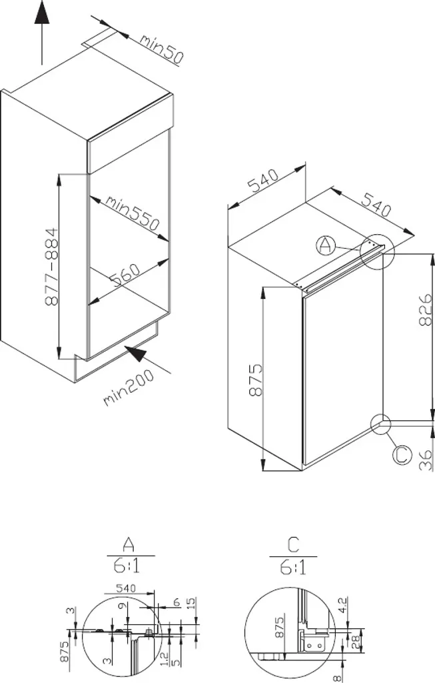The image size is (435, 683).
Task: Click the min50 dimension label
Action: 161,49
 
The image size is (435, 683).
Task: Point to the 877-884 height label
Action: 51,265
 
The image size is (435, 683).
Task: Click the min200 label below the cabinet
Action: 129,388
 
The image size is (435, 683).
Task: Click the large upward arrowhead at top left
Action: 42,13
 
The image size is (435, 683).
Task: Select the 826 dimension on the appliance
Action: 426,309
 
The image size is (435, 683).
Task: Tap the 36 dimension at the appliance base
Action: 426,460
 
